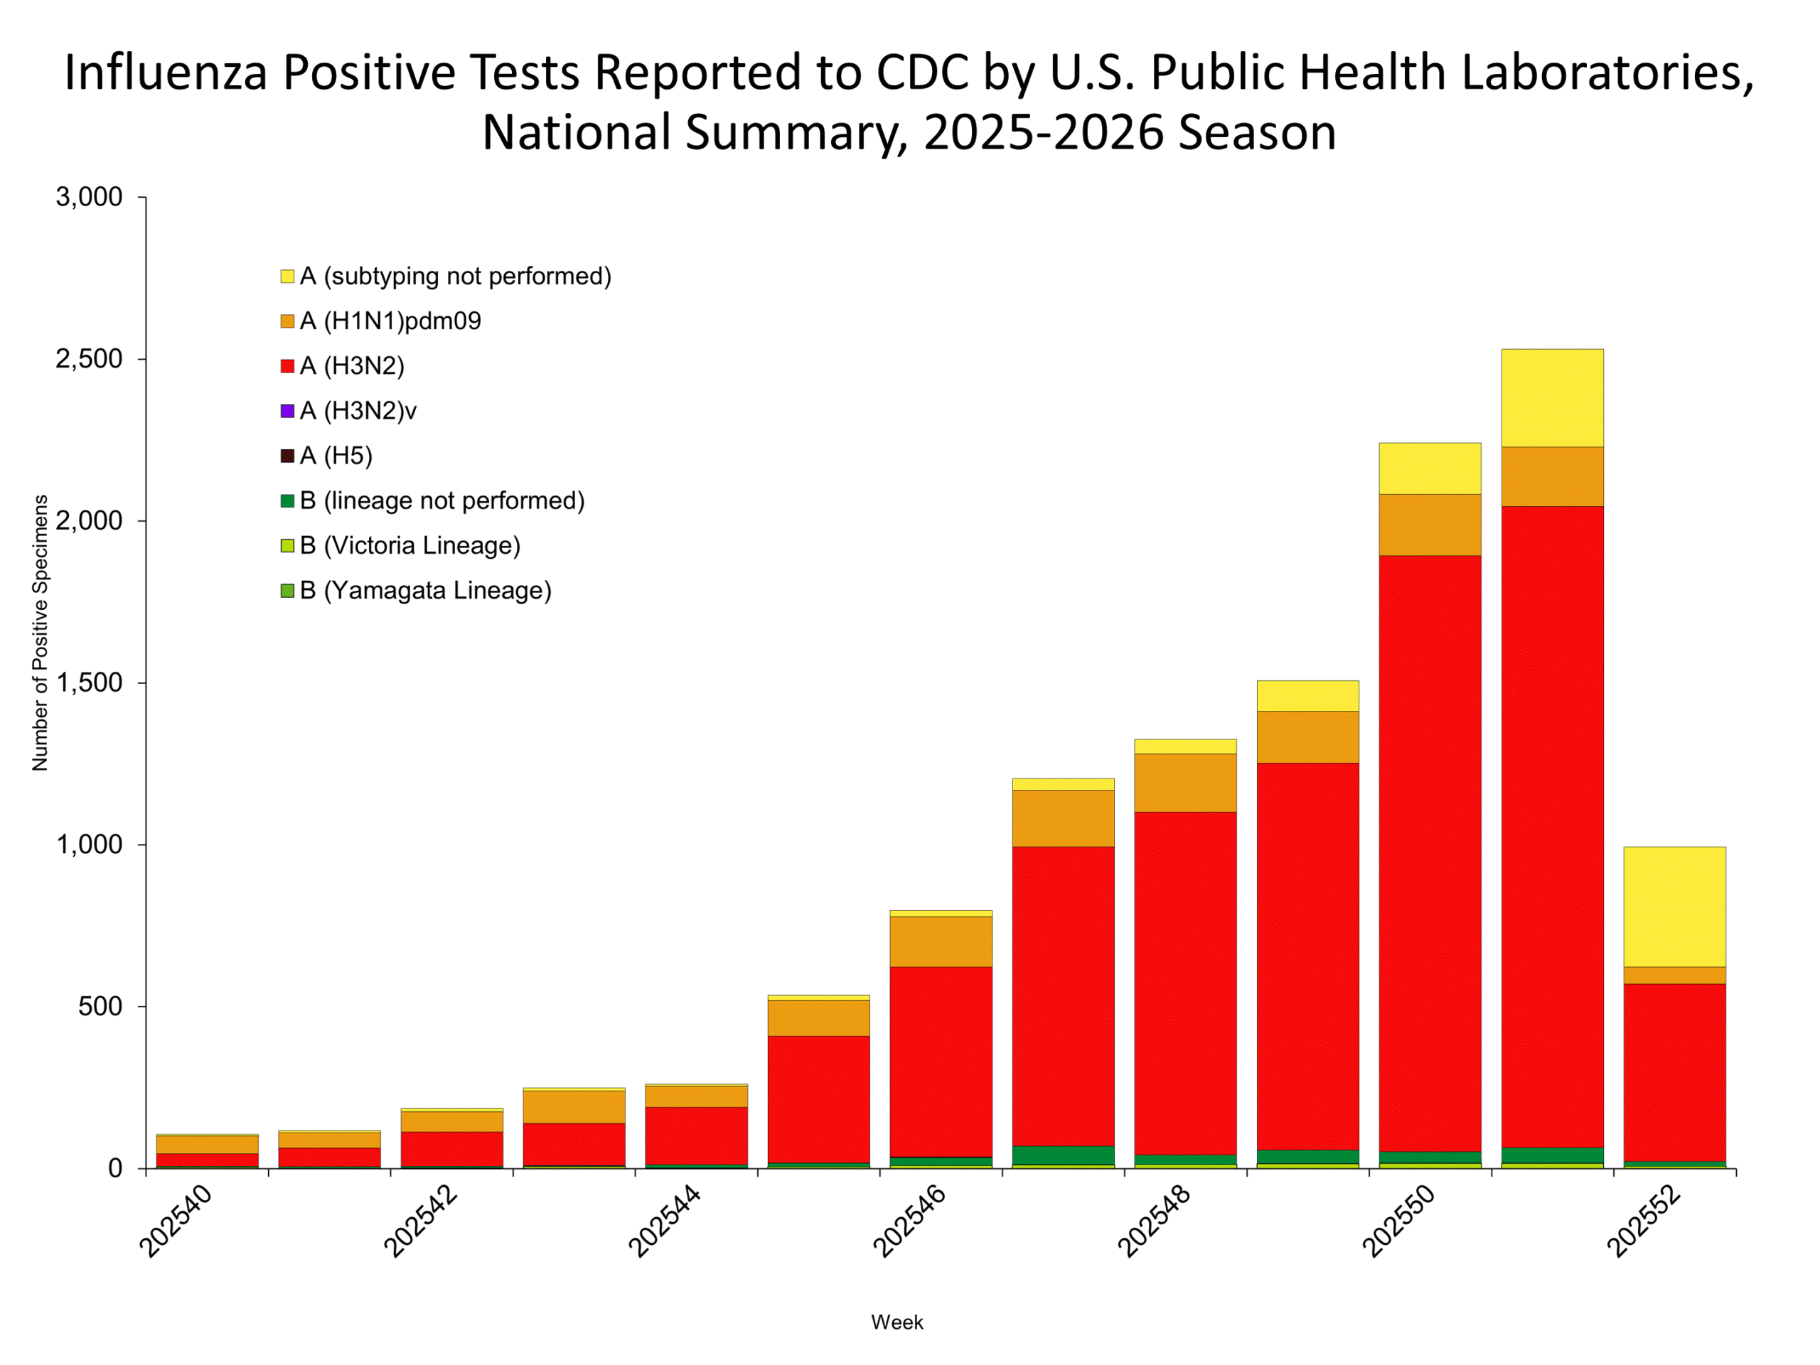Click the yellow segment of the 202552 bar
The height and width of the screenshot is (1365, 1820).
point(1674,906)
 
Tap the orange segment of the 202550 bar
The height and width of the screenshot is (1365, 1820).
point(1430,524)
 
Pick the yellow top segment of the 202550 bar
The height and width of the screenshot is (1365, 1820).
point(1430,469)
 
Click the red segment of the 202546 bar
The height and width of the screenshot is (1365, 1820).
point(941,1061)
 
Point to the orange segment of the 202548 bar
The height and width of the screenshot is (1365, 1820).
point(1185,783)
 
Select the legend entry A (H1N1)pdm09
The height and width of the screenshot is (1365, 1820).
point(390,321)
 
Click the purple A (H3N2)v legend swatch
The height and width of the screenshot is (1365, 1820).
point(287,411)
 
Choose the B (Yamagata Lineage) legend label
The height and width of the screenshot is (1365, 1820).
point(424,591)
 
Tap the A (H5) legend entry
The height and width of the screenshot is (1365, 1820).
point(336,456)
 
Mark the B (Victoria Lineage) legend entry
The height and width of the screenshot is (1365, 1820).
point(409,545)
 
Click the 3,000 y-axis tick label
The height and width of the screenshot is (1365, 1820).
point(89,197)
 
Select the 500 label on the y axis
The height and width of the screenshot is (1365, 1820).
point(100,1006)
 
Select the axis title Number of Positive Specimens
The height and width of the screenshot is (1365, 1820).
point(40,633)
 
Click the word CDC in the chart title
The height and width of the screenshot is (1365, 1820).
point(921,73)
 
